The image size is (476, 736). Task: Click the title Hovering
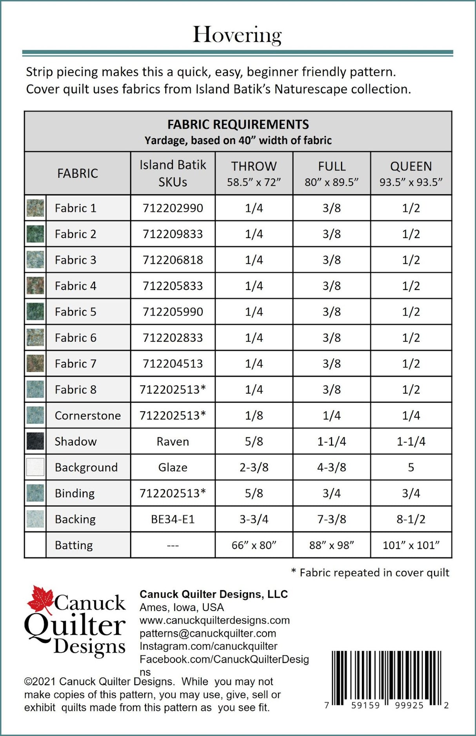237,35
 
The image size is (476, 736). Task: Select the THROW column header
254,173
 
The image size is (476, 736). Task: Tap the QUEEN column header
411,173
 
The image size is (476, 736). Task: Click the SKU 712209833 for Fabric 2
173,234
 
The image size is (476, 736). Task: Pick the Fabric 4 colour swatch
35,285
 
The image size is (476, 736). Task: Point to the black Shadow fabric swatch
35,441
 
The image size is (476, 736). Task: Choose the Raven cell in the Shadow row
173,441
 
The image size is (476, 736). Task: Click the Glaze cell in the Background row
173,467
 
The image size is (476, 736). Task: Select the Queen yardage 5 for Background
411,467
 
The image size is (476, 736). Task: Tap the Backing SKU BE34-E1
173,519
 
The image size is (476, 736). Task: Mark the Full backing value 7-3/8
331,519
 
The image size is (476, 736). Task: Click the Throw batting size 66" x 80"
254,545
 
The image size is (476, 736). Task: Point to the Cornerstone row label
87,415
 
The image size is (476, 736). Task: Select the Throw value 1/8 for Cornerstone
254,415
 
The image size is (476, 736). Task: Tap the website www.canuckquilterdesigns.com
214,620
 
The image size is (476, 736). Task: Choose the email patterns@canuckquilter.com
207,633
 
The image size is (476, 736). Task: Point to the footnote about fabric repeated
370,572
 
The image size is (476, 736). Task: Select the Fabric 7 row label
75,363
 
